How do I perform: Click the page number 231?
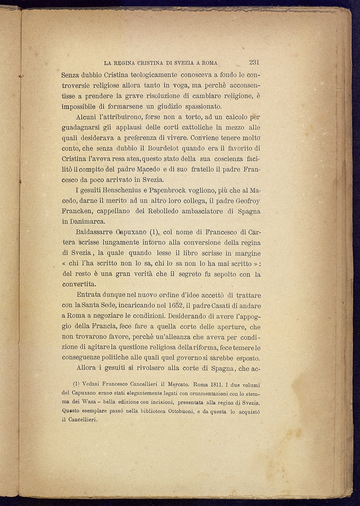254,63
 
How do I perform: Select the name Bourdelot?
163,149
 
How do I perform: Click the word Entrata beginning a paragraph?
89,295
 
